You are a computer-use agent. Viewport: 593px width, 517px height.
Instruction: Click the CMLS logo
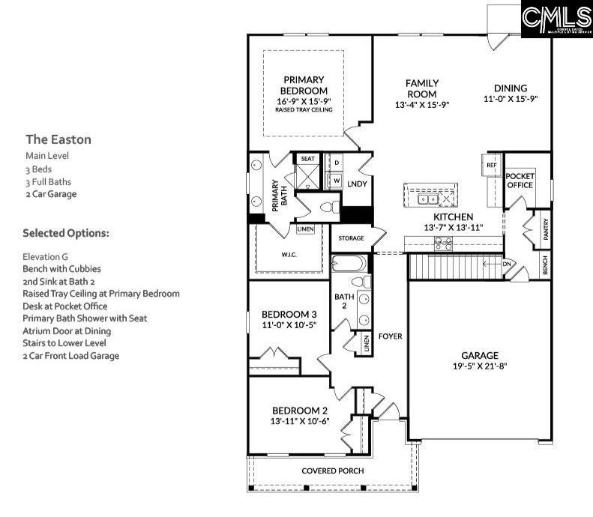[x=556, y=20]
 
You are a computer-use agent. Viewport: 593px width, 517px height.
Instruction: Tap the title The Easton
[x=58, y=139]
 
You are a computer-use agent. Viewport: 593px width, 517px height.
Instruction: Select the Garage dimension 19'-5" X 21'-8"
[x=480, y=367]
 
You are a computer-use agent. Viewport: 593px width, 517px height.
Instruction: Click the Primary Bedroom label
[x=304, y=85]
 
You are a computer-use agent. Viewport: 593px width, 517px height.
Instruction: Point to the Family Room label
[x=421, y=88]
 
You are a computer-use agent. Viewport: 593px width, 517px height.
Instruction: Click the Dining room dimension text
[x=511, y=99]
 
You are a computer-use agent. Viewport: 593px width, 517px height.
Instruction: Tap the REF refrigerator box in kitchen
[x=492, y=165]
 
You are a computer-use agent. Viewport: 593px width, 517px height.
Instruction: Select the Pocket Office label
[x=520, y=180]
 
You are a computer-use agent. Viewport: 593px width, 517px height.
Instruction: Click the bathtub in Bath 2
[x=349, y=264]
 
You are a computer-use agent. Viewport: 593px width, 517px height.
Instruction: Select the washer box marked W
[x=337, y=181]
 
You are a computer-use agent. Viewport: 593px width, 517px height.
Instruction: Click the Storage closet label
[x=351, y=238]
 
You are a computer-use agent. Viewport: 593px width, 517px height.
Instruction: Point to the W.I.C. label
[x=289, y=253]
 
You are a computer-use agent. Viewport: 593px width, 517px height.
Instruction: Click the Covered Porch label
[x=333, y=471]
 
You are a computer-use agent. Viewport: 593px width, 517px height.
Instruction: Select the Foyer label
[x=390, y=336]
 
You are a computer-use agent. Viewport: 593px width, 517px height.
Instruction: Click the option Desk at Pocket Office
[x=64, y=306]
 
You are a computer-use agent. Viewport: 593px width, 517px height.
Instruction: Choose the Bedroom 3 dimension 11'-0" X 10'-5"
[x=289, y=326]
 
